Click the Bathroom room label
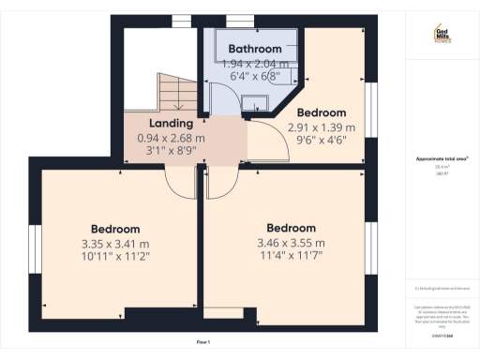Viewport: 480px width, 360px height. pos(255,49)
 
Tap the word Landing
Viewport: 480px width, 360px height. pos(171,123)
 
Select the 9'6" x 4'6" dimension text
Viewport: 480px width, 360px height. pos(322,140)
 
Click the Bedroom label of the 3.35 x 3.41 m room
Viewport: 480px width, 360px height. pos(115,229)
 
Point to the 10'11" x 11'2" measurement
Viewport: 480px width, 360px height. pos(115,256)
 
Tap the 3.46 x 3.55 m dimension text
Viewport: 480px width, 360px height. pos(292,242)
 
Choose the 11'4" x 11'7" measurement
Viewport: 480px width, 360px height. pos(292,255)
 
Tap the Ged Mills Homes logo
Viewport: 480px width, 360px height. pos(442,35)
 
